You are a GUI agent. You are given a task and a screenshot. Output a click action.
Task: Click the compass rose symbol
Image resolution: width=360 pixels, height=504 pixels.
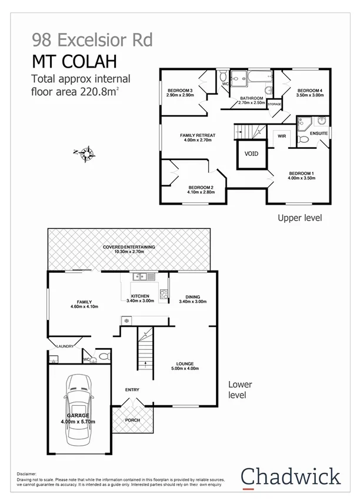point(87,154)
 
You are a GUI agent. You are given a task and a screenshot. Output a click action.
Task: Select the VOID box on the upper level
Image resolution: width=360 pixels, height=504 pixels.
point(251,154)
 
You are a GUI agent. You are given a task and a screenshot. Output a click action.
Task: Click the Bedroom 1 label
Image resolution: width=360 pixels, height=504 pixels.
point(301,173)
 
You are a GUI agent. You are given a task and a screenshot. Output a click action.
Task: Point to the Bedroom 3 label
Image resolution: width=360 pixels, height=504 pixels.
point(179,90)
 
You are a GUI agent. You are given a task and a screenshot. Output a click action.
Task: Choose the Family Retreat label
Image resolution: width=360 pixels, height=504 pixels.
point(197,135)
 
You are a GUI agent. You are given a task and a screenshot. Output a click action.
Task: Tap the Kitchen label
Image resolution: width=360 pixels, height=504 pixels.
point(140,296)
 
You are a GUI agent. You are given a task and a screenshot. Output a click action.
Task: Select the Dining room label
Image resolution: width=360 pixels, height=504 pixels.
point(192,297)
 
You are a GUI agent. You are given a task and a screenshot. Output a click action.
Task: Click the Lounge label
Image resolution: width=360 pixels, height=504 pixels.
point(185,364)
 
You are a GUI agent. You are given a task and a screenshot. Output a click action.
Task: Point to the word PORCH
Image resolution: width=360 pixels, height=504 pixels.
point(132,421)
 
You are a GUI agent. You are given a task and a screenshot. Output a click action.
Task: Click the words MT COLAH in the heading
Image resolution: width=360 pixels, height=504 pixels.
point(74,61)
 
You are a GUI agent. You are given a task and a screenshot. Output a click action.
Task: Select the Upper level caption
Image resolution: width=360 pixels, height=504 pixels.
point(299,218)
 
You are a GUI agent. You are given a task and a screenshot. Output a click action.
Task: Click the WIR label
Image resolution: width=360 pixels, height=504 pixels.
point(281,136)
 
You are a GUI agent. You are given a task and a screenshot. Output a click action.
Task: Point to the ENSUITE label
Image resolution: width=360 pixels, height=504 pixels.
point(319,133)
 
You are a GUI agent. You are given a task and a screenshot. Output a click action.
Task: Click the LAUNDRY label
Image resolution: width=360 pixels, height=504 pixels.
point(64,346)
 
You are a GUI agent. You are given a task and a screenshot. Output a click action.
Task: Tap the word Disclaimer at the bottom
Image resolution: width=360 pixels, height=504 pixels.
point(26,473)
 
